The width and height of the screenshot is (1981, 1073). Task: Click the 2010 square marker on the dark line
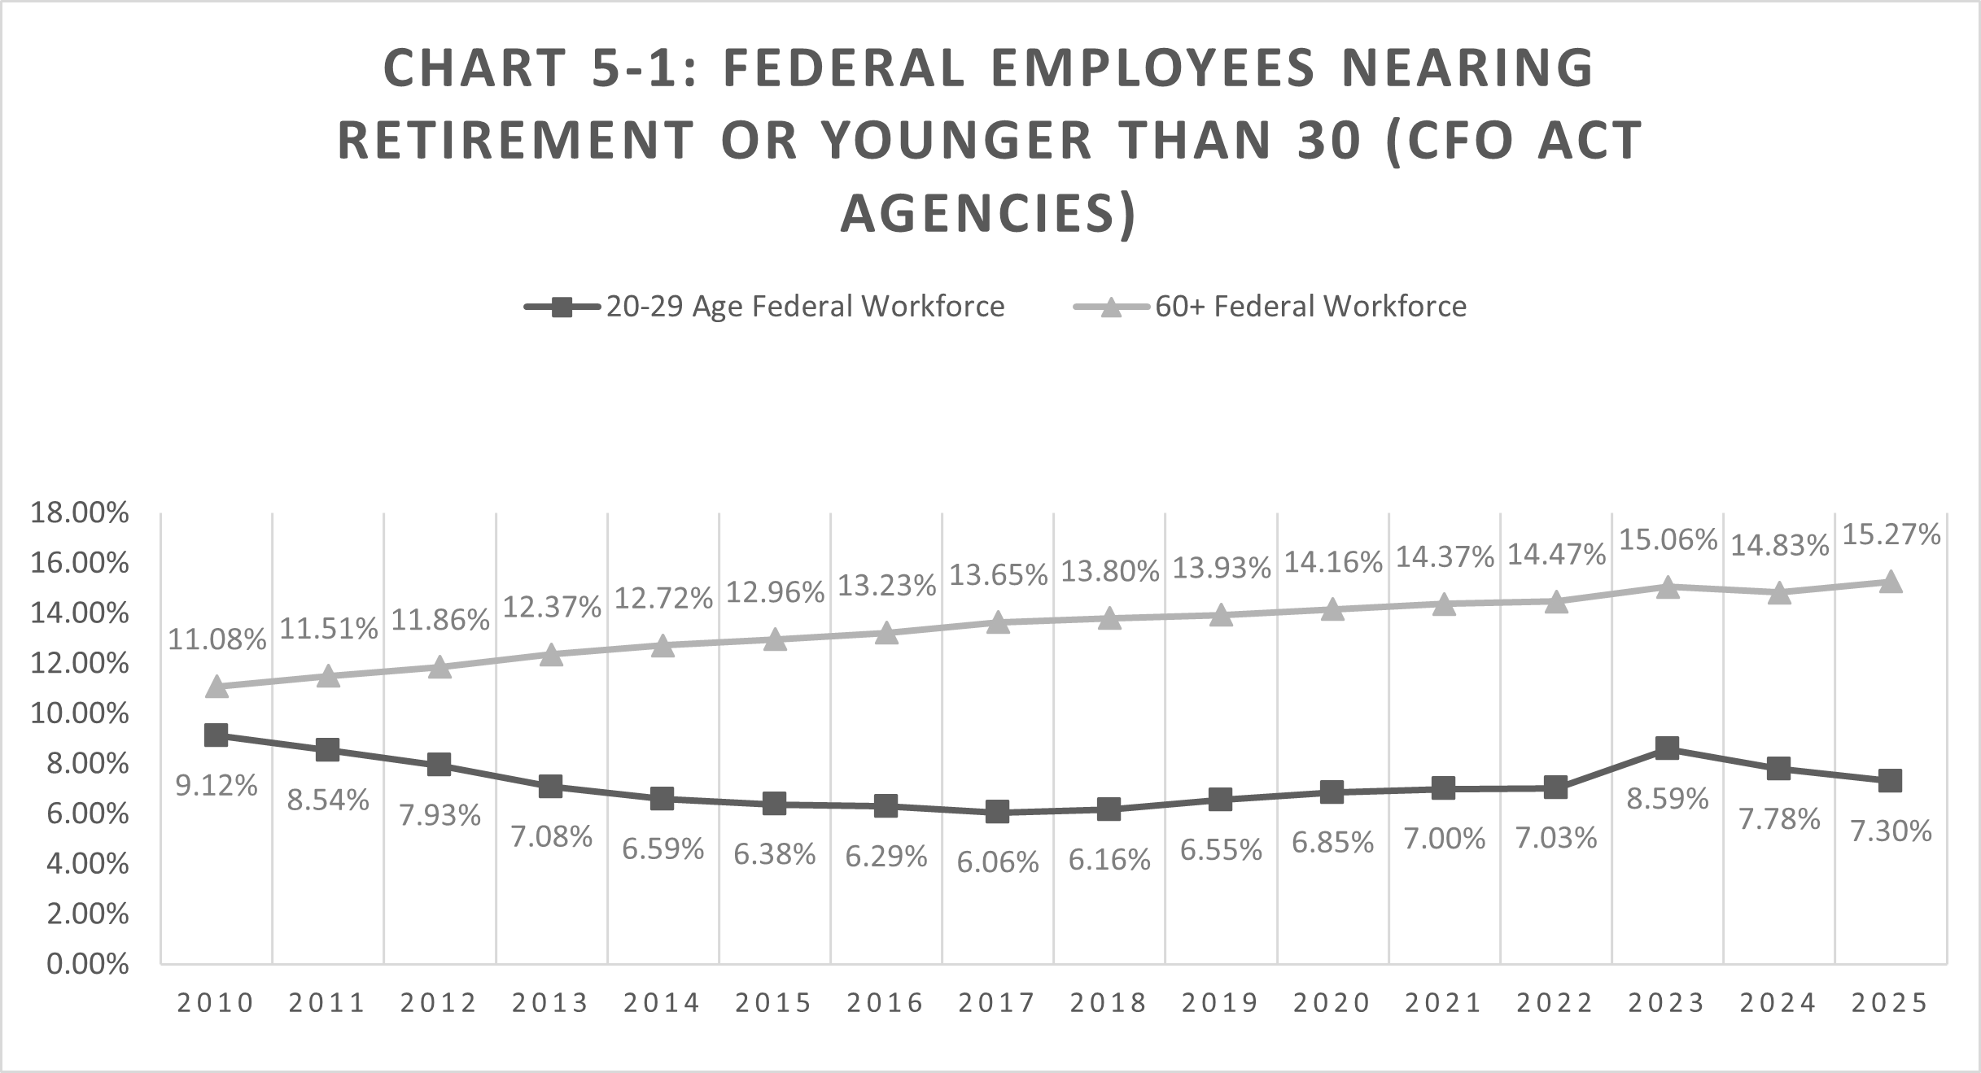pyautogui.click(x=216, y=735)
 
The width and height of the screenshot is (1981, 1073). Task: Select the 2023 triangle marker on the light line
pyautogui.click(x=1668, y=587)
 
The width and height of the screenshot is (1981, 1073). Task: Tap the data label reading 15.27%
pyautogui.click(x=1890, y=534)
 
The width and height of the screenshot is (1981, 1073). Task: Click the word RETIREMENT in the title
pyautogui.click(x=516, y=140)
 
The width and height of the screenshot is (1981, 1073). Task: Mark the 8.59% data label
pyautogui.click(x=1668, y=800)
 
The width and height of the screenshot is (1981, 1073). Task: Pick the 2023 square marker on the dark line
pyautogui.click(x=1668, y=748)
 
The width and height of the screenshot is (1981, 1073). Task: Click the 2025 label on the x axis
pyautogui.click(x=1890, y=1003)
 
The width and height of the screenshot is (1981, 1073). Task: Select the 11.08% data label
pyautogui.click(x=217, y=639)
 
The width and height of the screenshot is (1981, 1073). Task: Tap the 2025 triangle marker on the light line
pyautogui.click(x=1890, y=582)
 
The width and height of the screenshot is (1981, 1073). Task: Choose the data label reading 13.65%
pyautogui.click(x=998, y=575)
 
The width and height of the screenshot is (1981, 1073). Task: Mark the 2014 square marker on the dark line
pyautogui.click(x=663, y=798)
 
